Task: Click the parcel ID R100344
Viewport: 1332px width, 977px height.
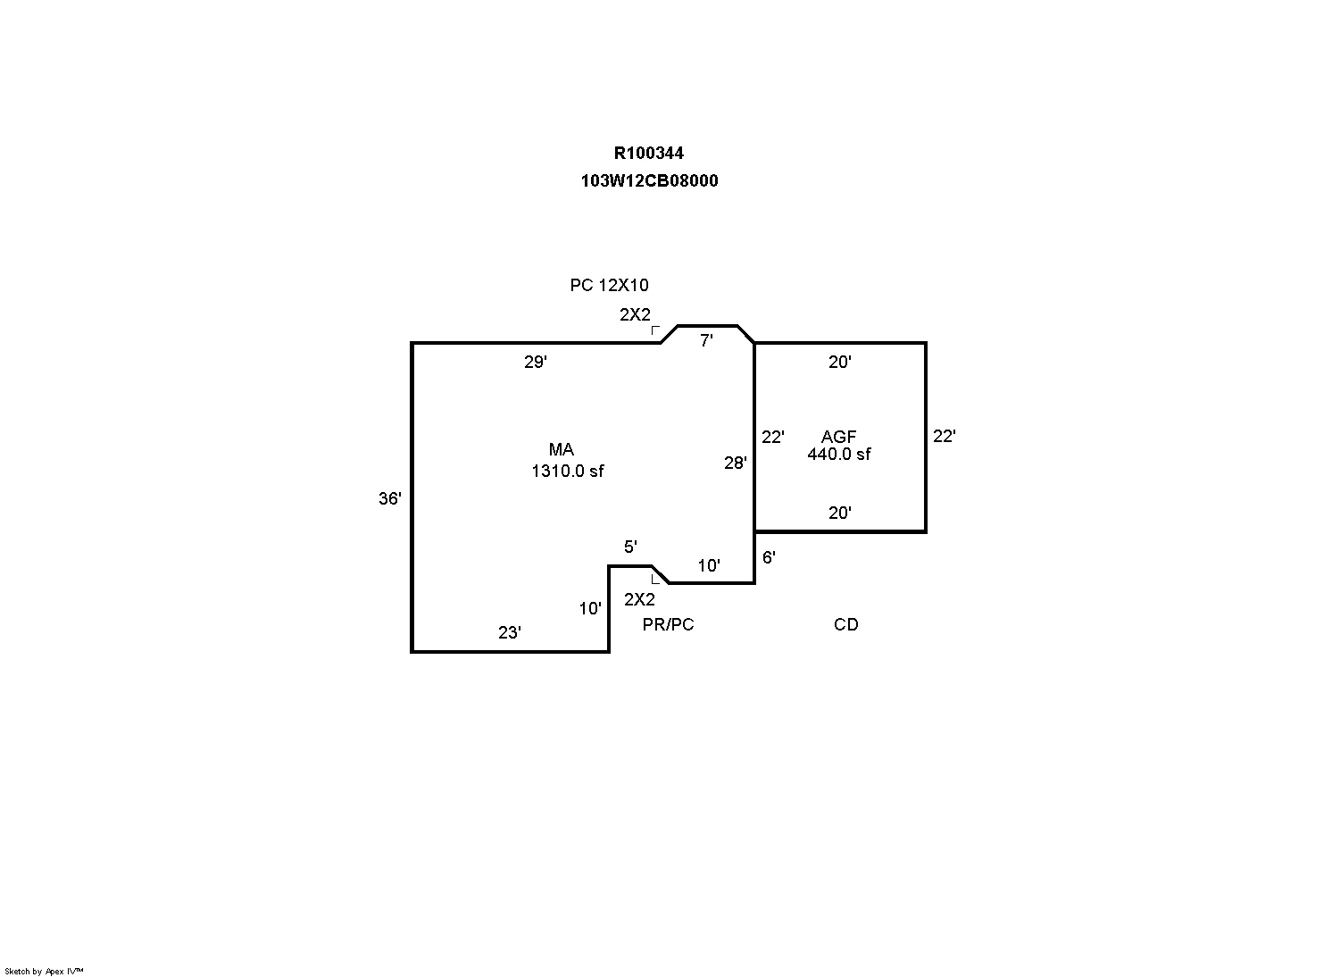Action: coord(648,154)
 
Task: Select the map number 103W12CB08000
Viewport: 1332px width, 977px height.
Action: coord(649,180)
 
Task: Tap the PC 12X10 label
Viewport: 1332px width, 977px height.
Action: coord(609,286)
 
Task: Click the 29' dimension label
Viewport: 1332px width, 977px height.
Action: coord(535,363)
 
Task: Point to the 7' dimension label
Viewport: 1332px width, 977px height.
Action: coord(706,341)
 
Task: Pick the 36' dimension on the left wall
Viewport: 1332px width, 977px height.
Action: coord(389,499)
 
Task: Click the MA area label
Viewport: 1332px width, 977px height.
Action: coord(562,450)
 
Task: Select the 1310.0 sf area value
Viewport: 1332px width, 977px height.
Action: coord(568,471)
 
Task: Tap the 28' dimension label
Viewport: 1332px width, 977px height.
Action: coord(735,463)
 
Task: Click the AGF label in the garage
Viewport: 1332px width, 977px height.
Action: coord(838,437)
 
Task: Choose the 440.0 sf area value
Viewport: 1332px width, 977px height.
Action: coord(838,454)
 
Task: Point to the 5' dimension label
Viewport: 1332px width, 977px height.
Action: coord(630,547)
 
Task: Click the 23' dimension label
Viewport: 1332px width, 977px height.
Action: coord(509,633)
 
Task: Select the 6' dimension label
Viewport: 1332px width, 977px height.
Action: coord(769,557)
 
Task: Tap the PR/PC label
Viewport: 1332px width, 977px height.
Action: coord(668,625)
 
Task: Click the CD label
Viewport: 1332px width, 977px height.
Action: coord(845,625)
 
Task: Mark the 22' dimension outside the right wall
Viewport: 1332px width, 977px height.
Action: coord(944,437)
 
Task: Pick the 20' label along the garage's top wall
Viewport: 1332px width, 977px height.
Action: coord(839,362)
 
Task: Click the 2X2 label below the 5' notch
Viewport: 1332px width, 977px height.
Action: coord(639,599)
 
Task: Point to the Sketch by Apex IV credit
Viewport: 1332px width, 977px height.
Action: coord(44,971)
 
